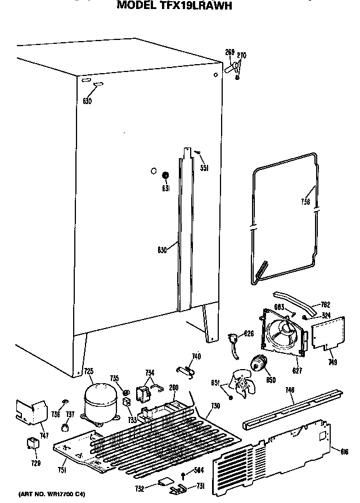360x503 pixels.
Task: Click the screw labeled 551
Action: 197,152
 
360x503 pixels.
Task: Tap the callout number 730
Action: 215,406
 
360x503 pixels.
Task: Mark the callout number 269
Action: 229,52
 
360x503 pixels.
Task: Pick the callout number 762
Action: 325,304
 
